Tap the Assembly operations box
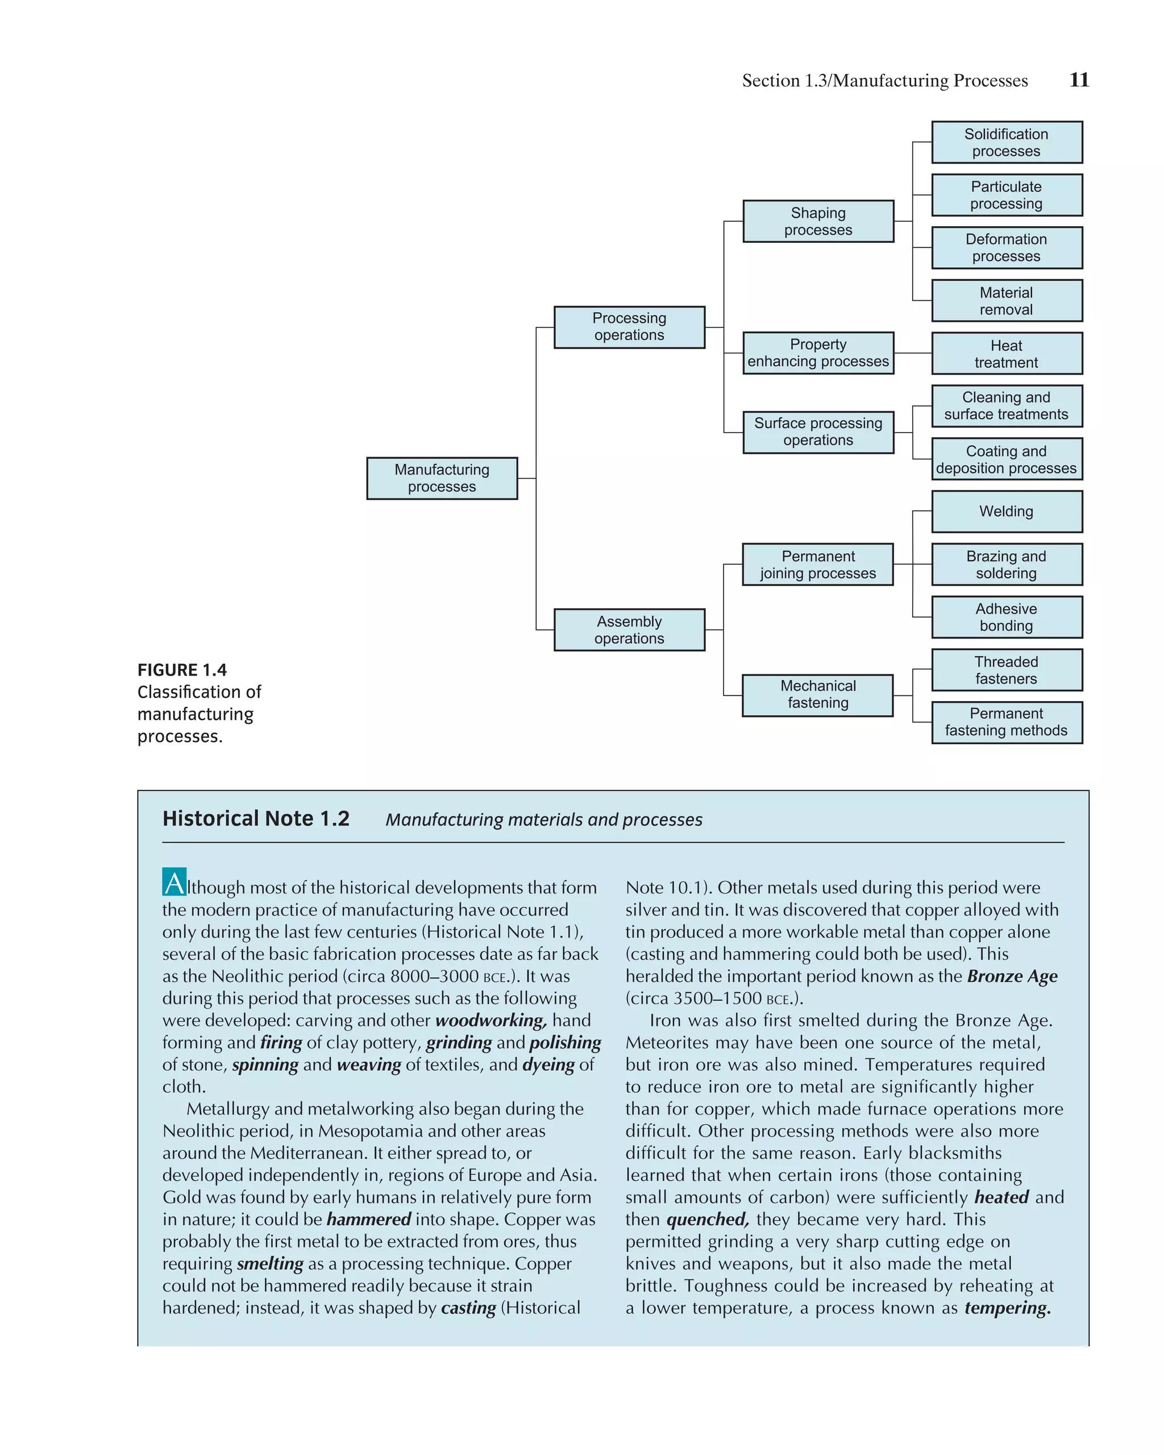629,629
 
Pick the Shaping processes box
818,221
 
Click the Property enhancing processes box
818,353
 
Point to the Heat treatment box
1006,354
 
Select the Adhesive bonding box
1006,617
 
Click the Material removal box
1006,300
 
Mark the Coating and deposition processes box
1006,459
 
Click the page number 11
1079,80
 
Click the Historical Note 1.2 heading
256,819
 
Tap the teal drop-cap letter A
174,882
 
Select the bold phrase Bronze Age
1012,976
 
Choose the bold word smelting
270,1263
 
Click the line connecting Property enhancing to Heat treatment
912,353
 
